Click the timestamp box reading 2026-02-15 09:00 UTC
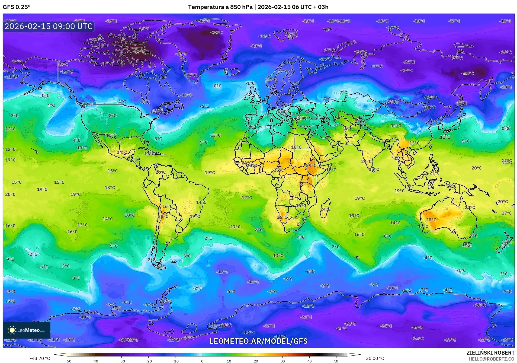(x=49, y=26)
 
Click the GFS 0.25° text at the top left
(x=17, y=7)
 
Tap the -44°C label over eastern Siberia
(x=467, y=73)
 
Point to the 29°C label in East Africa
(x=311, y=165)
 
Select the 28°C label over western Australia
(x=431, y=220)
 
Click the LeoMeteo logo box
(x=27, y=330)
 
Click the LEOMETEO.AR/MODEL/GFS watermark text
(x=258, y=341)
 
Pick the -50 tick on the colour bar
(x=68, y=361)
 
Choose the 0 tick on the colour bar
(x=202, y=361)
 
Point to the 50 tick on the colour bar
(x=336, y=361)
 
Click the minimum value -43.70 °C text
(x=40, y=358)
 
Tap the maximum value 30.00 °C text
(x=375, y=358)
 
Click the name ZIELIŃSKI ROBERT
(x=490, y=353)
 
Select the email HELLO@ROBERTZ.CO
(x=492, y=359)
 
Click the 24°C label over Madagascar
(x=325, y=209)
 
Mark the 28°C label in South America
(x=163, y=216)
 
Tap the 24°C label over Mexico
(x=122, y=152)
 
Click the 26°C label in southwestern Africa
(x=282, y=217)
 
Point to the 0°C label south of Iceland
(x=217, y=86)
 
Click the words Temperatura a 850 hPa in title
(x=220, y=7)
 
